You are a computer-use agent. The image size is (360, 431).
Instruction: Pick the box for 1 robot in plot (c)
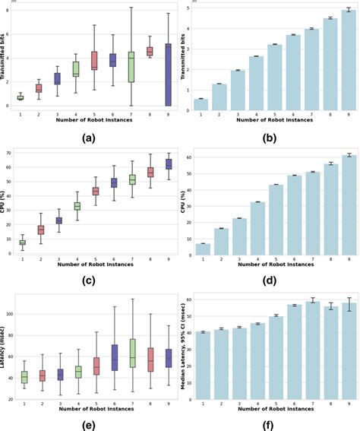22,242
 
